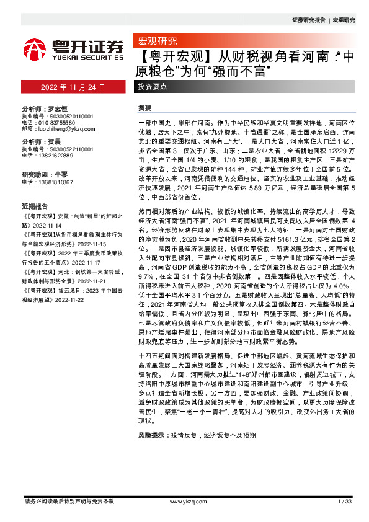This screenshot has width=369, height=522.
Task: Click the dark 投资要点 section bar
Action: point(153,87)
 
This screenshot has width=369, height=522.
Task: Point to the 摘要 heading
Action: point(144,108)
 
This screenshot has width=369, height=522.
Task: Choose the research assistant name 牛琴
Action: point(61,174)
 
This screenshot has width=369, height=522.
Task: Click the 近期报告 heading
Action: point(34,205)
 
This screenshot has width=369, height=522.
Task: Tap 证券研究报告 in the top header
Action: point(308,20)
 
